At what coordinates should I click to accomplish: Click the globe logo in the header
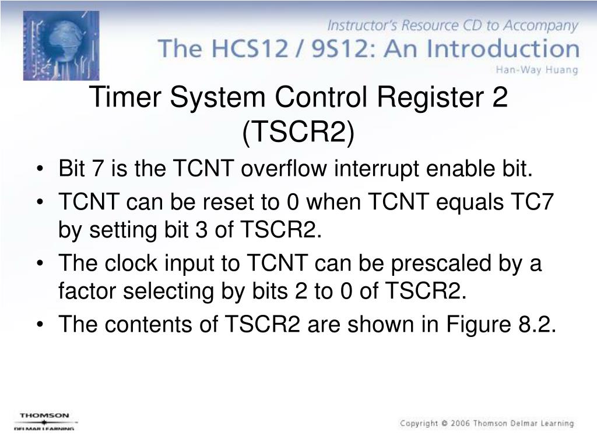click(61, 45)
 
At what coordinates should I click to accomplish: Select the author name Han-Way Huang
click(536, 70)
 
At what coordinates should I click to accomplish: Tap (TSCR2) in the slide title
click(298, 133)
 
